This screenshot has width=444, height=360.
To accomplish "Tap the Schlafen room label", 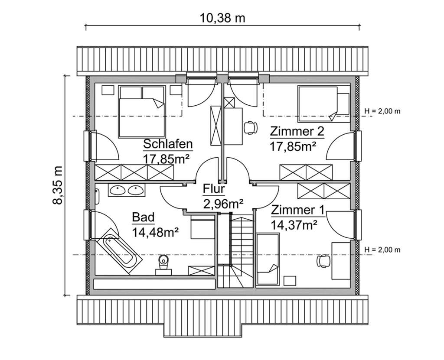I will click(x=168, y=144).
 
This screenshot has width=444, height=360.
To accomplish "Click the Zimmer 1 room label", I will click(x=297, y=211).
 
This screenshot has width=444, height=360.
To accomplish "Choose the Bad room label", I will click(x=144, y=217).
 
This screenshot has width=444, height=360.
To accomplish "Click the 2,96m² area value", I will click(x=223, y=203).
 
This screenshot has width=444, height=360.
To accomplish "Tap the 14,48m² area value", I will click(x=156, y=233).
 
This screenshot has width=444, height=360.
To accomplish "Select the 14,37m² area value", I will click(x=294, y=224).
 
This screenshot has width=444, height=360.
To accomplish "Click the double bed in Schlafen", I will click(x=142, y=111).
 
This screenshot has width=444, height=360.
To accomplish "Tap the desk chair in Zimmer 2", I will click(x=249, y=127).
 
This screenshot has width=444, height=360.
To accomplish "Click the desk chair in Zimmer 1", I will click(x=323, y=260).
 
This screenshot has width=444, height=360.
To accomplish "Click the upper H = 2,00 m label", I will click(x=382, y=111).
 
